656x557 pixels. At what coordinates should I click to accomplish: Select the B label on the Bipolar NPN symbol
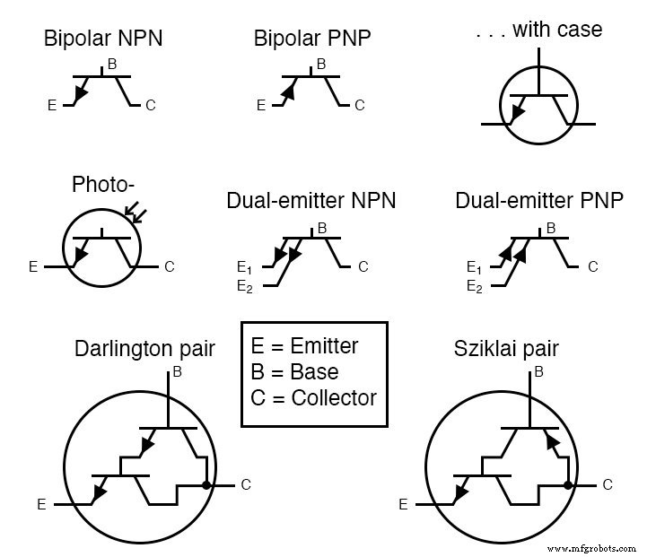(111, 64)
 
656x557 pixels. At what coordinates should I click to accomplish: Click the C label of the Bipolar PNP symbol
(359, 106)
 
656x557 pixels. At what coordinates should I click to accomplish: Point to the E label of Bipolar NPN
(52, 106)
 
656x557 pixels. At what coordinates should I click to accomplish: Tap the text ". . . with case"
(538, 30)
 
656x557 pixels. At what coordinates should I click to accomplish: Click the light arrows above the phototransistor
(136, 212)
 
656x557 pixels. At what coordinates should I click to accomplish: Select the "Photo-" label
(103, 185)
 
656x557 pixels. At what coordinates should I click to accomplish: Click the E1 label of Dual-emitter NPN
(243, 267)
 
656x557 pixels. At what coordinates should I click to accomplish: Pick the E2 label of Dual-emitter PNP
(474, 286)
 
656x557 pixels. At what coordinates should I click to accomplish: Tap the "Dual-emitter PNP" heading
(539, 200)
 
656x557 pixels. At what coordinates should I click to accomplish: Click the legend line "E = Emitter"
(304, 346)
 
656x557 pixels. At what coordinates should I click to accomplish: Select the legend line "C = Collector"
(314, 397)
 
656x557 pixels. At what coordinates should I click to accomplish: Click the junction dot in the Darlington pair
(207, 485)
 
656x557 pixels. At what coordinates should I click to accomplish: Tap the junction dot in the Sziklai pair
(569, 485)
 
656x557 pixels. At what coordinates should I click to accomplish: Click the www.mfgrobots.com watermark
(590, 548)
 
